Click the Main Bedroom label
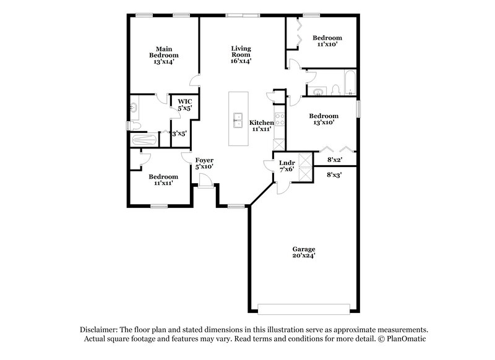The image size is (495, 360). pos(163,55)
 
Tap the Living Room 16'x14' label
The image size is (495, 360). pos(241,54)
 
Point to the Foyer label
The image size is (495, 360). pos(204,163)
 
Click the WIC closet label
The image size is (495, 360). pos(184,105)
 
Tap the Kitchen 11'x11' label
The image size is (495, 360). pos(262,126)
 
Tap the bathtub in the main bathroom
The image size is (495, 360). pos(146,140)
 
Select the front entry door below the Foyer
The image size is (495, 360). pos(204,180)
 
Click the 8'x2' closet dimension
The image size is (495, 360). pos(335,160)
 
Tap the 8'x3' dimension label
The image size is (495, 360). pos(335,175)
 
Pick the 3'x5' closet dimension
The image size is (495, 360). pos(179,133)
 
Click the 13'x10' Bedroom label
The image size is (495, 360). pos(324,119)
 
